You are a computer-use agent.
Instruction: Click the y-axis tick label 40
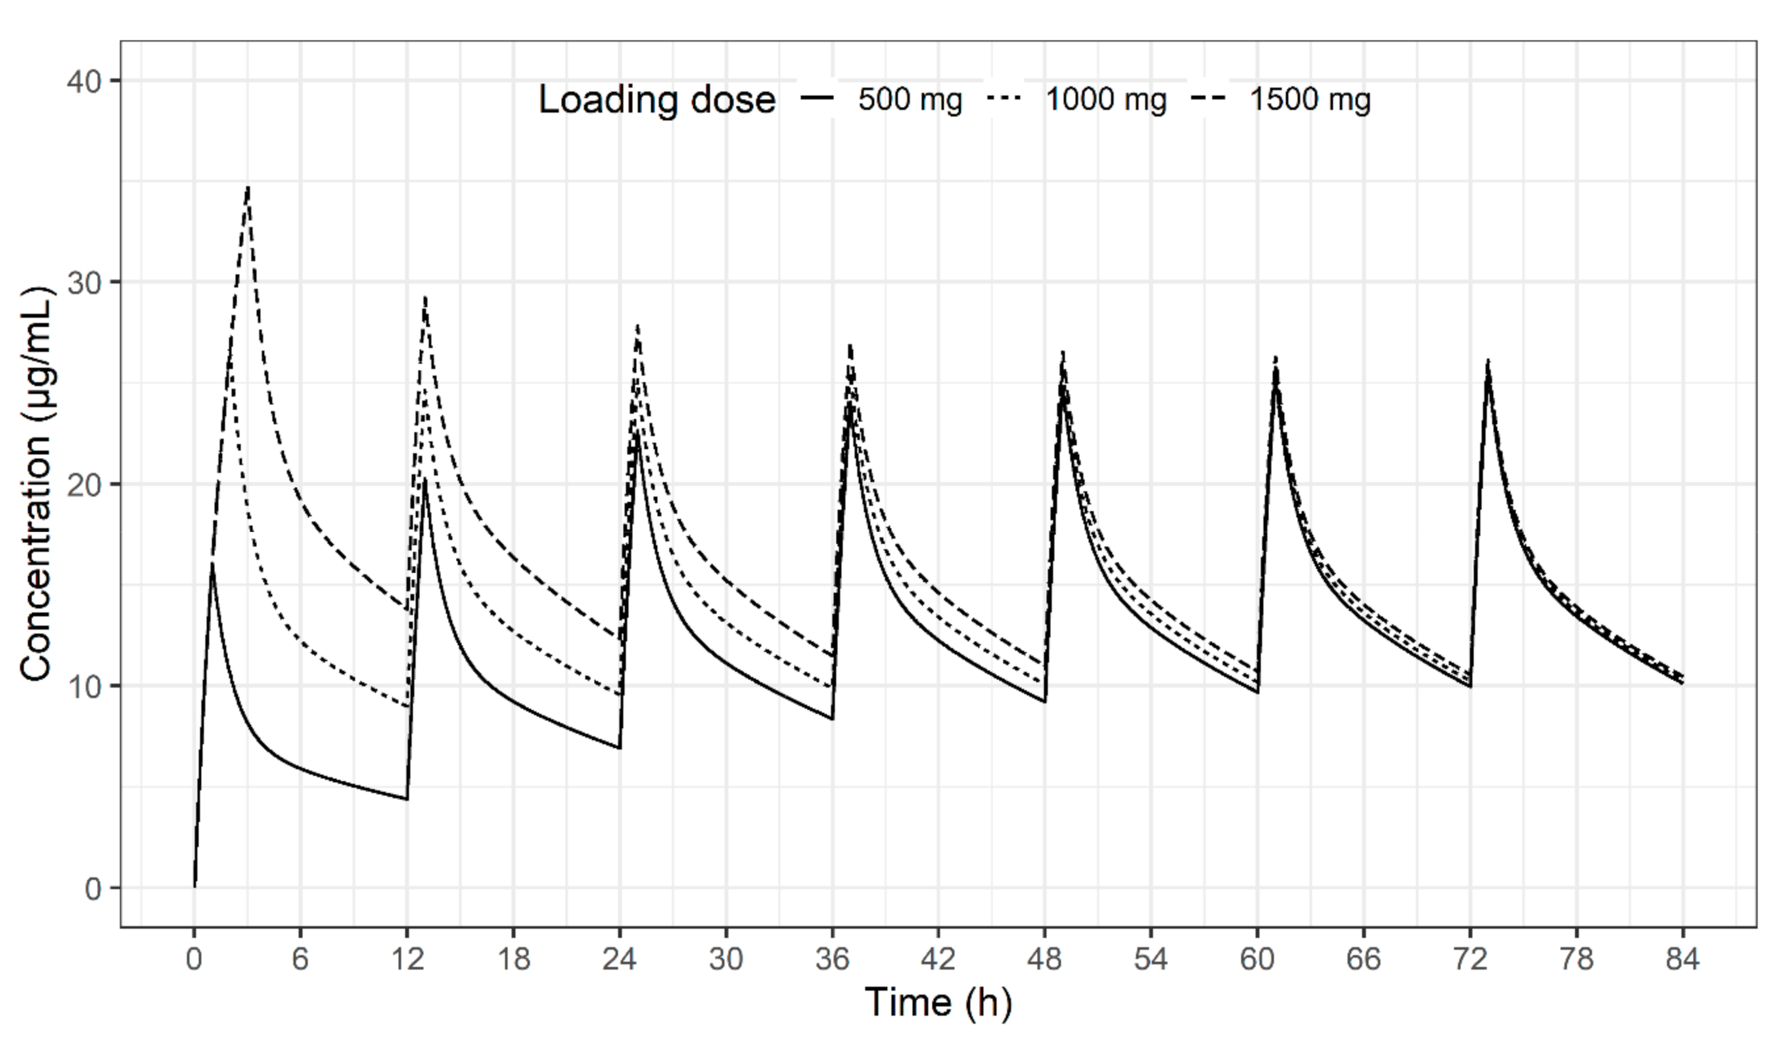tap(83, 81)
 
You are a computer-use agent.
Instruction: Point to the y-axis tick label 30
tap(83, 283)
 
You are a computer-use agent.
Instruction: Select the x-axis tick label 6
tap(300, 960)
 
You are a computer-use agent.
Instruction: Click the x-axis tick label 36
tap(832, 960)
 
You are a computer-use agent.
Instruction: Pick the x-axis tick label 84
tap(1683, 960)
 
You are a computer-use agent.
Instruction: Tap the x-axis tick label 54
tap(1151, 960)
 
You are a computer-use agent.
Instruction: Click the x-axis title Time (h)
tap(938, 1002)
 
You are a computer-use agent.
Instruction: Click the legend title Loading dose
tap(656, 99)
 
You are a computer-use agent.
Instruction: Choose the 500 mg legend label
tap(910, 99)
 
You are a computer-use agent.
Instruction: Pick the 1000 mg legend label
tap(1106, 99)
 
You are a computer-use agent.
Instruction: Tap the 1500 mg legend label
tap(1310, 99)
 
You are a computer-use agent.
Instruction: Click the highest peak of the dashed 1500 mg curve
tap(248, 187)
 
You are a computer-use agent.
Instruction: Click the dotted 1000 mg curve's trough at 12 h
tap(407, 707)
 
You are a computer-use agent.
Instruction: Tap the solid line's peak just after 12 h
tap(425, 479)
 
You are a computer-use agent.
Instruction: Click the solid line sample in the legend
tap(817, 99)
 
